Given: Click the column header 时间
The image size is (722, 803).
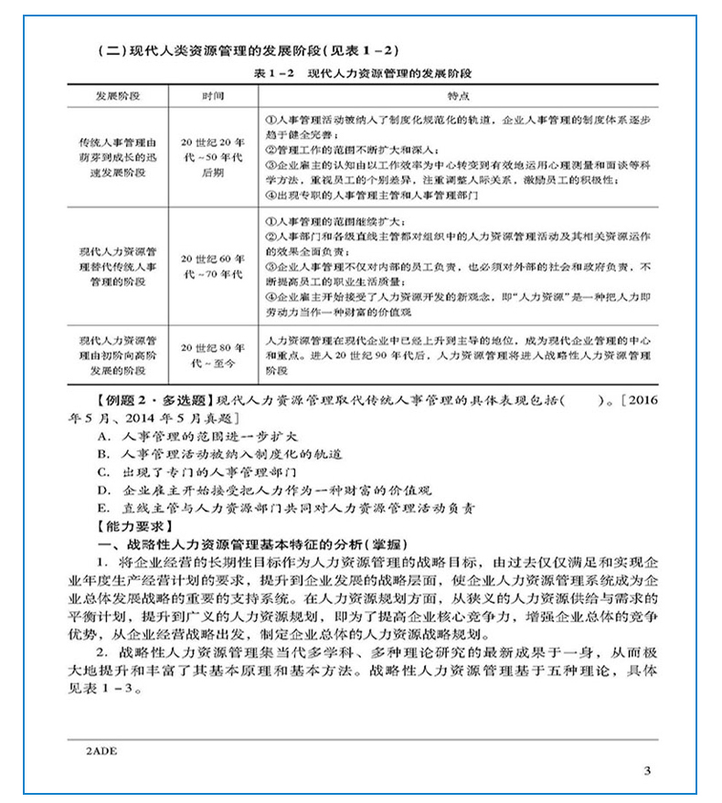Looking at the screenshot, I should pyautogui.click(x=212, y=94).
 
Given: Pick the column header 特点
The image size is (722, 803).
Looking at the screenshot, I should pyautogui.click(x=457, y=94).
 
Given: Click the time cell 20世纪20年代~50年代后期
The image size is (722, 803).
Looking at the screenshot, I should pyautogui.click(x=213, y=156).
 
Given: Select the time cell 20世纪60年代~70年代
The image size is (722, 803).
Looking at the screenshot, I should pyautogui.click(x=213, y=266).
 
